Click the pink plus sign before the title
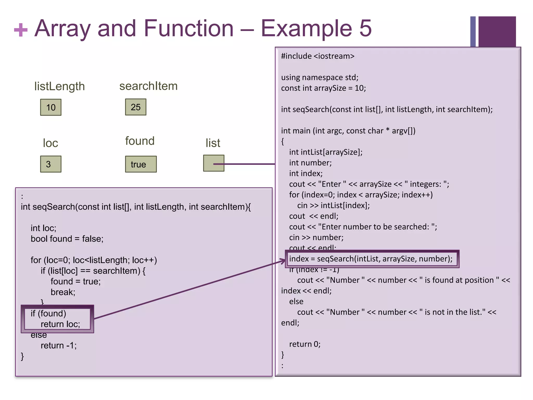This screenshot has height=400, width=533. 21,30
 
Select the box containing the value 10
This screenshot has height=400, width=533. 51,107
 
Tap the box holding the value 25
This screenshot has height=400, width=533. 136,107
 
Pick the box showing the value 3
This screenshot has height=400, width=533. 51,164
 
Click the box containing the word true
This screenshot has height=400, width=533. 141,164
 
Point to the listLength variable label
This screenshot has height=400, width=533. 60,86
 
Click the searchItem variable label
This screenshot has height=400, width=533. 148,86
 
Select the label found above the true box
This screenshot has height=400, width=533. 140,141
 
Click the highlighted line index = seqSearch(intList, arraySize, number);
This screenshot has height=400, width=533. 371,259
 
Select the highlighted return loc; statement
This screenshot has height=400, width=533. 60,324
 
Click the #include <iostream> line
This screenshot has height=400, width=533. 318,56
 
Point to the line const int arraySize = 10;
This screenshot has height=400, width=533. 323,88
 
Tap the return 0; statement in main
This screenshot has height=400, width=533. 305,344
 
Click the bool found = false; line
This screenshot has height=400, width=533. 67,239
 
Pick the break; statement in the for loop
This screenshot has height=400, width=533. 63,292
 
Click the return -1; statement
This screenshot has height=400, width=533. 59,345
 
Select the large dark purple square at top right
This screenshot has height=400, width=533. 497,32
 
